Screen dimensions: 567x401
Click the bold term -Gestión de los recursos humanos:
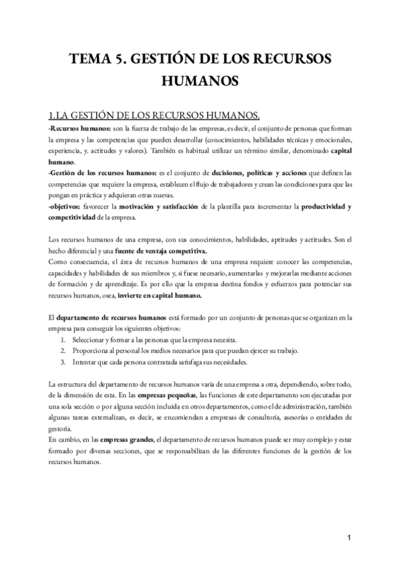(x=94, y=173)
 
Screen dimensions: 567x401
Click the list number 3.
(x=62, y=362)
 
